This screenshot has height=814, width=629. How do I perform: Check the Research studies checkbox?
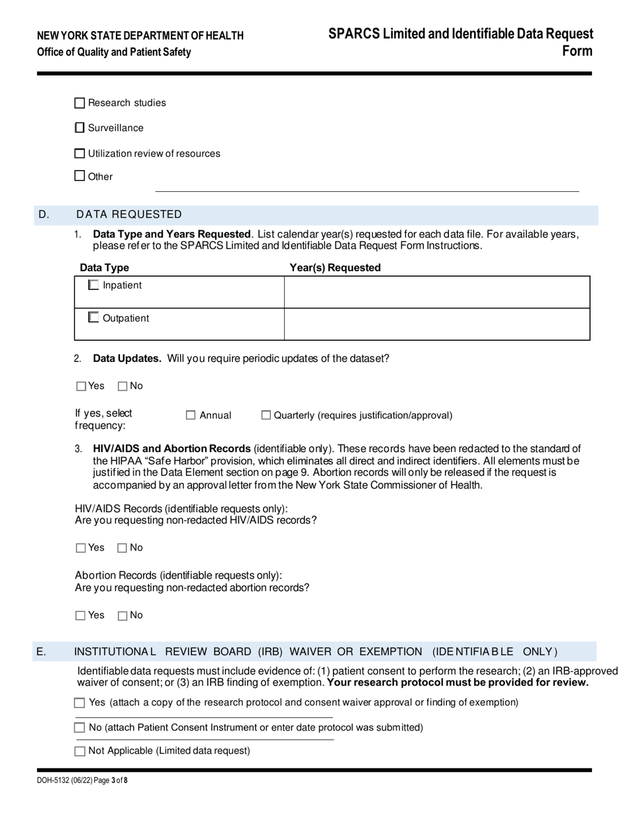click(x=80, y=103)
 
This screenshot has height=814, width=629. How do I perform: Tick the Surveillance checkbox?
click(x=80, y=128)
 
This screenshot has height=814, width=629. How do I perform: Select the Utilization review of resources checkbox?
click(x=80, y=154)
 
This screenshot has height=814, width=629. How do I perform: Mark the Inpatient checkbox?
click(x=93, y=285)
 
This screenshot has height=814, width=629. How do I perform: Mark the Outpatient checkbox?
click(x=93, y=318)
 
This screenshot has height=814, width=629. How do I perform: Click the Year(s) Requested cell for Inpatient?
click(x=436, y=292)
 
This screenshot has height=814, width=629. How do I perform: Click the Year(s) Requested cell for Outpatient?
click(x=436, y=324)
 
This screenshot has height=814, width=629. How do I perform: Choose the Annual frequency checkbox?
click(x=191, y=416)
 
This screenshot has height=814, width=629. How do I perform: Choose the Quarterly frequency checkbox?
click(x=266, y=416)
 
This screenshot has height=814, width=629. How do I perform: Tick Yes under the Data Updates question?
click(x=81, y=386)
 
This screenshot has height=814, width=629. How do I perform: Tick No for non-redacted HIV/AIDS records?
click(x=122, y=548)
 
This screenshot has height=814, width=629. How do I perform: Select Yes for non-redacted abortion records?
click(x=81, y=615)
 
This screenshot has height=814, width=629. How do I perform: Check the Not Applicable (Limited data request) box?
click(x=80, y=751)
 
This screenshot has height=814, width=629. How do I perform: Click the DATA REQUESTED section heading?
click(x=129, y=214)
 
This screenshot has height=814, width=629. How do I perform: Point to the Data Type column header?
click(x=105, y=267)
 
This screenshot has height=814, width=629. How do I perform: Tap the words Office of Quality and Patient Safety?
click(x=114, y=52)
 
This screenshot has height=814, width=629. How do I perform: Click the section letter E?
click(x=41, y=652)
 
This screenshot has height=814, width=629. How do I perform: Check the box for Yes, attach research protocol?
click(x=80, y=703)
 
